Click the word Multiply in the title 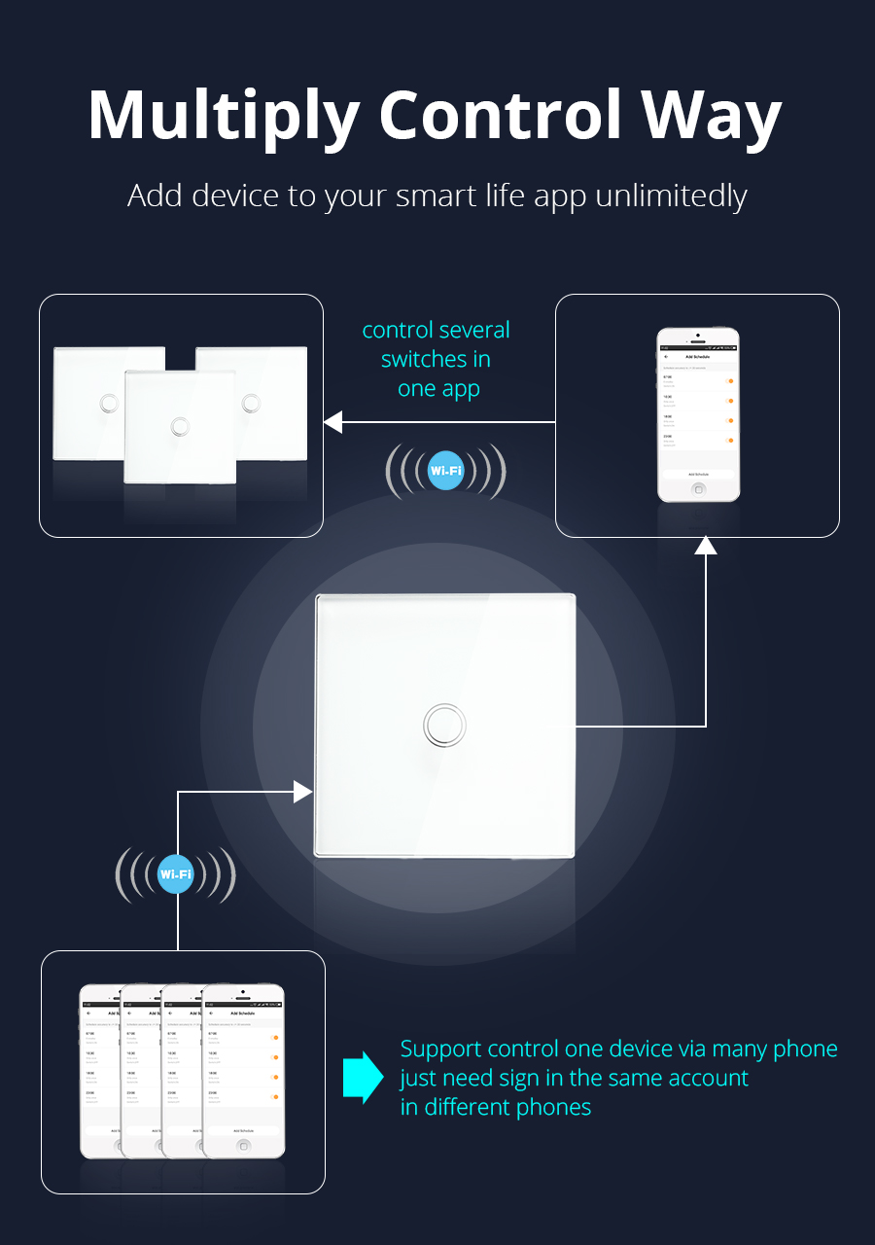224,117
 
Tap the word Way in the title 711,117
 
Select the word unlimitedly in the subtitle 670,196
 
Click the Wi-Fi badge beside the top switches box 445,472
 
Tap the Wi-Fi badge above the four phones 175,874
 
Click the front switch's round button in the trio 180,426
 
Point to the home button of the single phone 697,488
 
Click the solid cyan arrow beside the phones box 364,1077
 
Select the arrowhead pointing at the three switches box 333,422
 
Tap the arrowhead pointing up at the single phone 706,544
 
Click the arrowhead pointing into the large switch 302,792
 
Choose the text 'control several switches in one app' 437,360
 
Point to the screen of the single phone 697,412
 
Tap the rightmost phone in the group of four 246,1070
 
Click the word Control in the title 501,117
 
